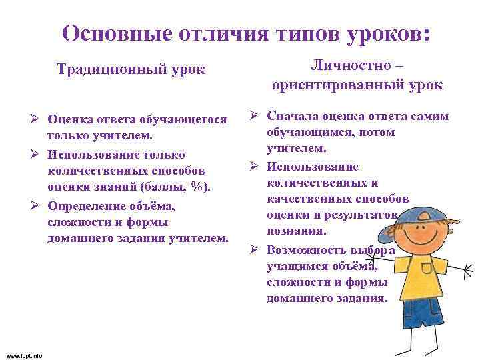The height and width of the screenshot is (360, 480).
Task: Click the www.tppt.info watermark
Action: [23, 355]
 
